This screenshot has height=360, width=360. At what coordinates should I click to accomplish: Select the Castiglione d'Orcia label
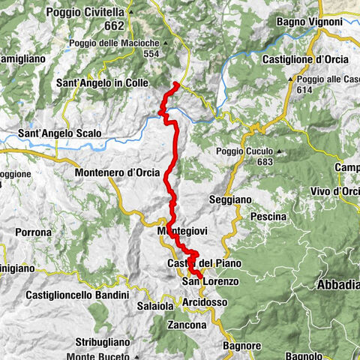tap(302, 58)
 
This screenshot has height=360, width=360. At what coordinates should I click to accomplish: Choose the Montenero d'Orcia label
tap(117, 172)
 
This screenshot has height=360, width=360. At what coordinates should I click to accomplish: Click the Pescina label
tap(268, 216)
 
